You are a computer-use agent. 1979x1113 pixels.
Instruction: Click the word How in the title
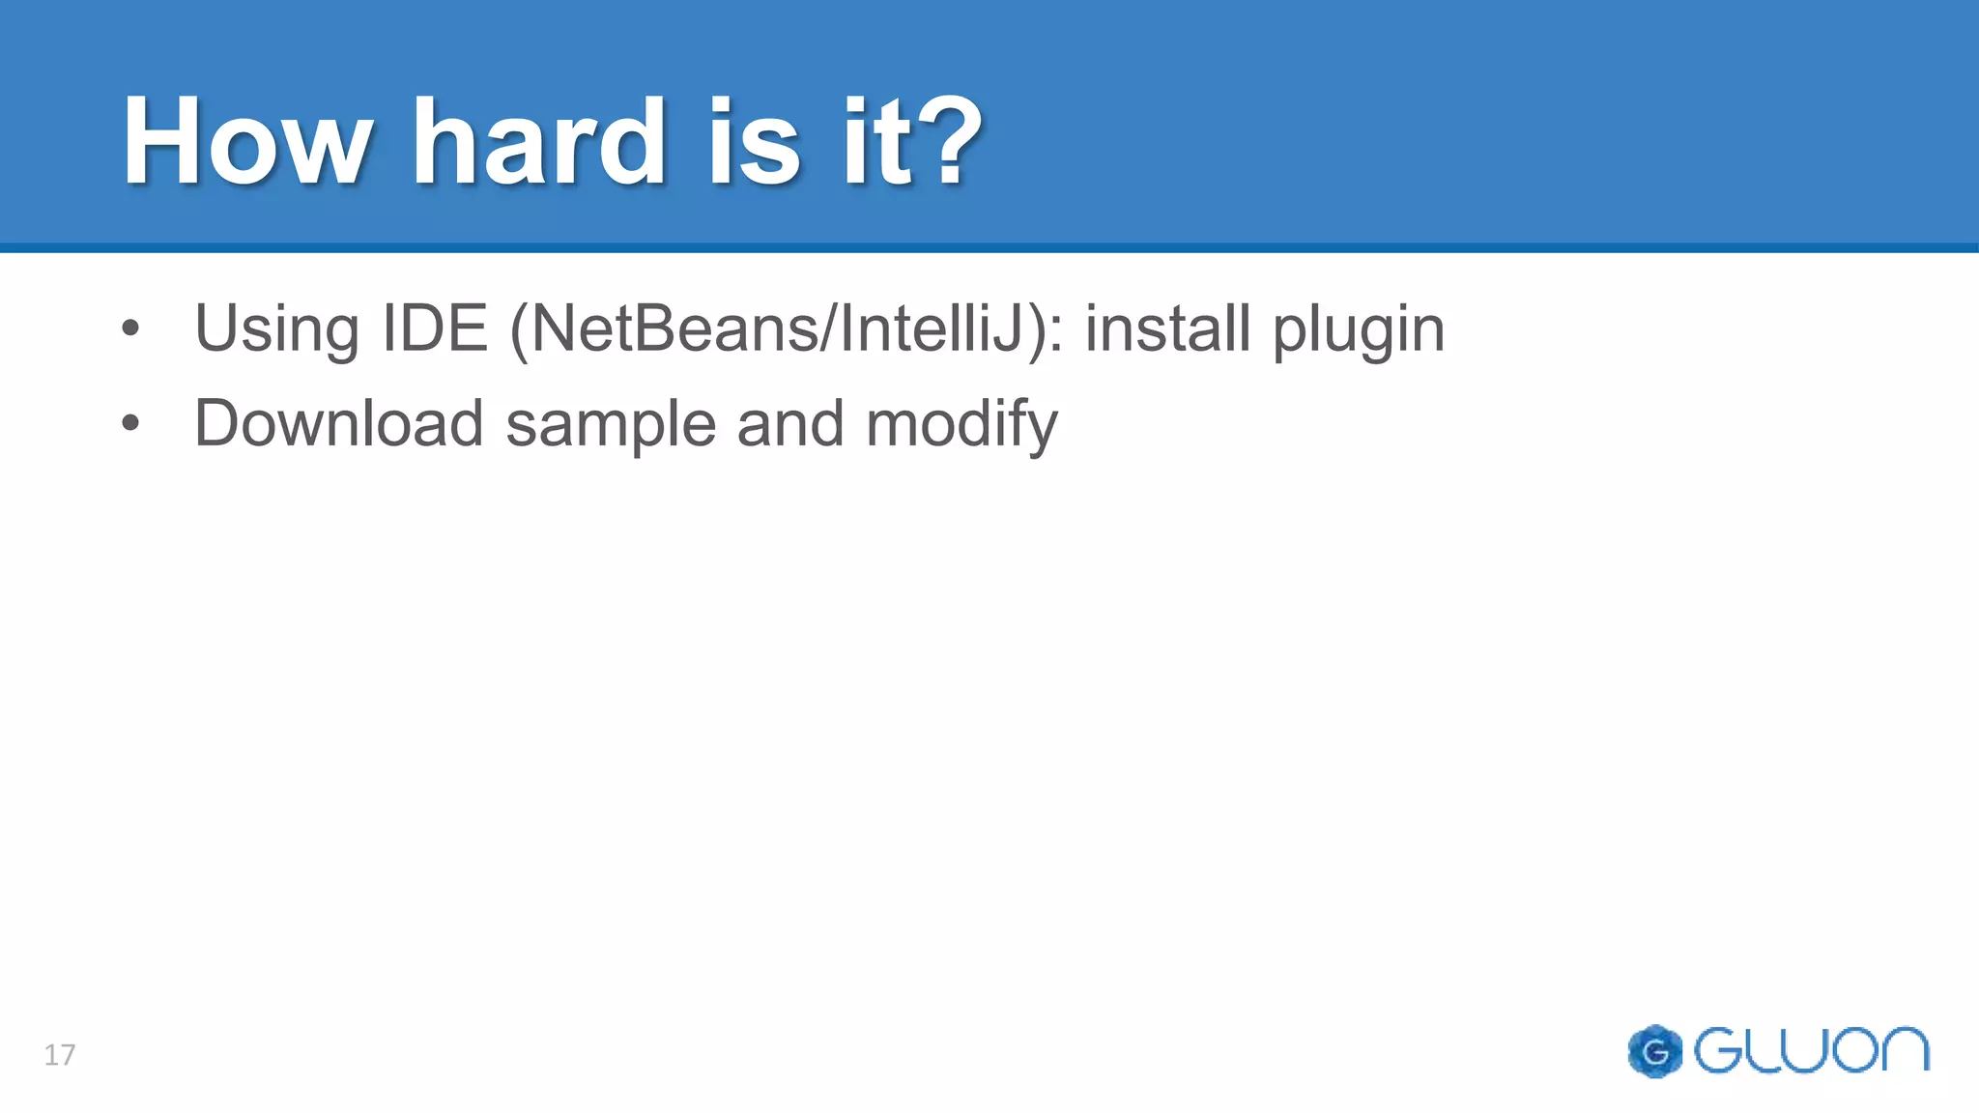coord(246,142)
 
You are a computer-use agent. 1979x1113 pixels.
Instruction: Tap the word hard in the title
coord(539,142)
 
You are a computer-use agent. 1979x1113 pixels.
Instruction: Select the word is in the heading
coord(754,142)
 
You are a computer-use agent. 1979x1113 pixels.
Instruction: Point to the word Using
coord(276,330)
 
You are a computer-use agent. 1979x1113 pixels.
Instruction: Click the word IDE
coord(435,328)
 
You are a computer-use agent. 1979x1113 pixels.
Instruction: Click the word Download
coord(338,423)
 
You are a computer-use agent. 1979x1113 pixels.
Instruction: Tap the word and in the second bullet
coord(790,423)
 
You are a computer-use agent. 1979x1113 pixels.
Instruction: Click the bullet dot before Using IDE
coord(130,328)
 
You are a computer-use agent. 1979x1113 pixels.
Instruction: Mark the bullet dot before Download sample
coord(130,423)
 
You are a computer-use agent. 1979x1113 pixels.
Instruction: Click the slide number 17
coord(60,1054)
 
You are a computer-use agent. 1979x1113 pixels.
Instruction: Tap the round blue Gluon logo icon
coord(1654,1051)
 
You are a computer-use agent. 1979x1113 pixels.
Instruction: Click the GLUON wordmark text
coord(1812,1050)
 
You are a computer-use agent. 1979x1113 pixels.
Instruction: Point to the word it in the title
coord(877,142)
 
